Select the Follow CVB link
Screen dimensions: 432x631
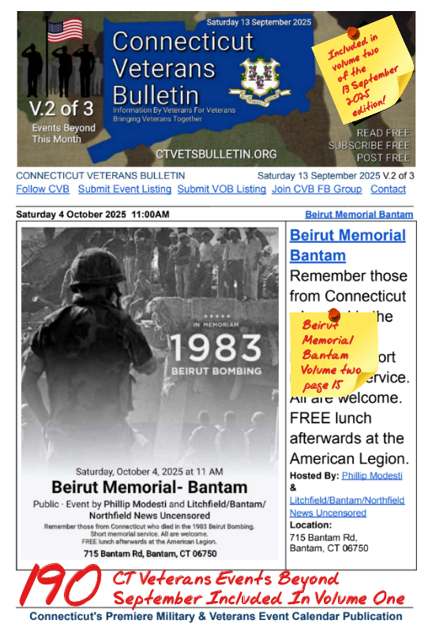(43, 189)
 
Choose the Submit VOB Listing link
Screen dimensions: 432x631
(221, 189)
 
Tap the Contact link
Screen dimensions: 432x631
(388, 189)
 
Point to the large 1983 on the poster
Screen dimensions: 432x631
(205, 346)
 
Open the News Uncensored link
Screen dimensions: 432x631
(328, 513)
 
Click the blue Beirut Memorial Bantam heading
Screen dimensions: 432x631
(347, 245)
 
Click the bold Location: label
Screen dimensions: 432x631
(310, 525)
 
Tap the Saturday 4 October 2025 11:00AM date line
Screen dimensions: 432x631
(92, 215)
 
